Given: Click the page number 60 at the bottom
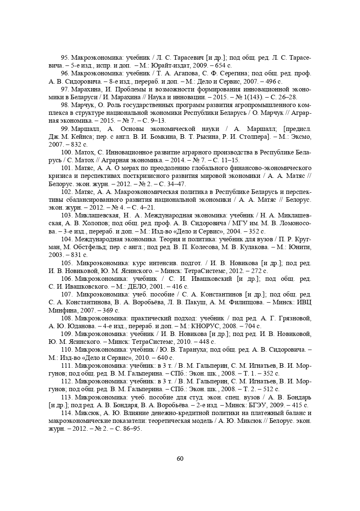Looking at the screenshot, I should (x=180, y=459).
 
